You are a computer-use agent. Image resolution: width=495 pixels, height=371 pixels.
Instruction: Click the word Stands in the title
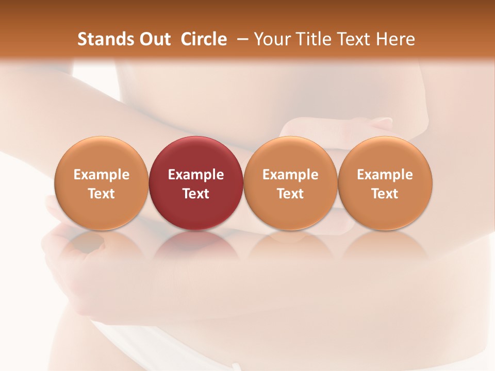(x=103, y=39)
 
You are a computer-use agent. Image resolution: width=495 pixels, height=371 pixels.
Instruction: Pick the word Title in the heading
(x=315, y=39)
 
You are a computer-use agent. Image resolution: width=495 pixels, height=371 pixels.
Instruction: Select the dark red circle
(x=196, y=183)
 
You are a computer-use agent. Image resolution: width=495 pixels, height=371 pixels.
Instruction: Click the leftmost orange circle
(x=101, y=183)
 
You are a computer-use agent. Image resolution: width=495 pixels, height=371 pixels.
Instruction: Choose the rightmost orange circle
(x=385, y=183)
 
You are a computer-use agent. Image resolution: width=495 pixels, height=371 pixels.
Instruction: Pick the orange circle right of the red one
(x=290, y=183)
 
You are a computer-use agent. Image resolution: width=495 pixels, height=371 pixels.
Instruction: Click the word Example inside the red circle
(x=196, y=175)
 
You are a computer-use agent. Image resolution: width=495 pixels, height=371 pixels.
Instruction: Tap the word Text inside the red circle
(x=196, y=194)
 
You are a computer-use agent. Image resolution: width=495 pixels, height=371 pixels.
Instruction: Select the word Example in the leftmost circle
(x=101, y=175)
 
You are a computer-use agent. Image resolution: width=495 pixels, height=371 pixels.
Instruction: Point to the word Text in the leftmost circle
(x=101, y=194)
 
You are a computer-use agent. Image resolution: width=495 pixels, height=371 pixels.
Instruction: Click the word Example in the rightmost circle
(x=385, y=175)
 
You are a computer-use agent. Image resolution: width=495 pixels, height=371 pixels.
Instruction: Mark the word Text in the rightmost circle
(x=385, y=194)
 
